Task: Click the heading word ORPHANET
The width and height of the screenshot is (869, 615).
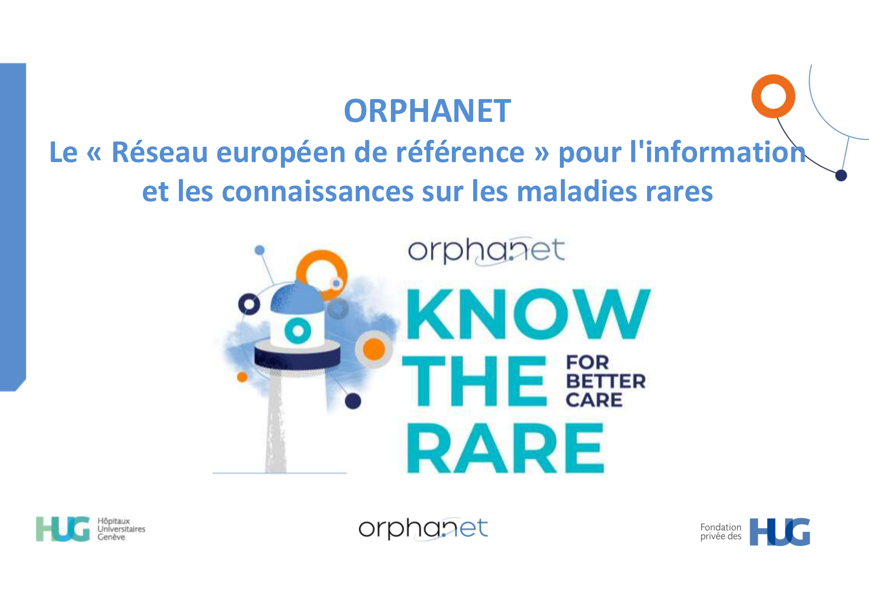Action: pyautogui.click(x=428, y=111)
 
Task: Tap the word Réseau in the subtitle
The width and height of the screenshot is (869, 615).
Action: pyautogui.click(x=160, y=152)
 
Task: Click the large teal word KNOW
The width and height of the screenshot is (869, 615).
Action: pyautogui.click(x=528, y=314)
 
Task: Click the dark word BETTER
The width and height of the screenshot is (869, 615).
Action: pyautogui.click(x=605, y=381)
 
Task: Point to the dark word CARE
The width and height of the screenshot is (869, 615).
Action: pyautogui.click(x=594, y=400)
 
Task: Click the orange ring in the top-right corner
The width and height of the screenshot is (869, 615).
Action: pyautogui.click(x=773, y=96)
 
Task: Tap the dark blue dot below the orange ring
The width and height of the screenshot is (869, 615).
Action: pyautogui.click(x=841, y=175)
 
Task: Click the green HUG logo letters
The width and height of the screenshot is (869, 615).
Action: pyautogui.click(x=63, y=529)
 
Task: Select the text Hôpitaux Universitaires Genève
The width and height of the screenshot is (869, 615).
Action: pyautogui.click(x=121, y=529)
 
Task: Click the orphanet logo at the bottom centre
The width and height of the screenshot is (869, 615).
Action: pyautogui.click(x=423, y=528)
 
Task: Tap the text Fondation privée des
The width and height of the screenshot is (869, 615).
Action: pyautogui.click(x=721, y=532)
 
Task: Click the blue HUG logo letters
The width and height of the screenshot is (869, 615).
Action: pyautogui.click(x=780, y=532)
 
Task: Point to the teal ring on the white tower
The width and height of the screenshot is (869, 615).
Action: pyautogui.click(x=298, y=331)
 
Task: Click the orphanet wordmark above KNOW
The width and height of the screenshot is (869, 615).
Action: pyautogui.click(x=486, y=251)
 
